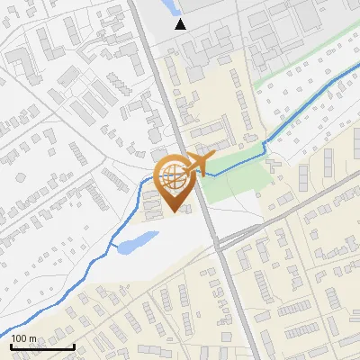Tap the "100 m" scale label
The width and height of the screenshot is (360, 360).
(23, 338)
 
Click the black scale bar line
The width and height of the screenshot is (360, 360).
(42, 346)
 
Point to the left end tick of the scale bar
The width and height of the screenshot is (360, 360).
(11, 345)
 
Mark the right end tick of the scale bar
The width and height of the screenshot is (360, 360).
(74, 345)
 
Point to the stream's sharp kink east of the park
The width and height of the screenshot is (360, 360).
(265, 144)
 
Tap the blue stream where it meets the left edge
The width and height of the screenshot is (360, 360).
(3, 329)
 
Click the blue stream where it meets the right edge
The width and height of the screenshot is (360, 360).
(356, 76)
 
